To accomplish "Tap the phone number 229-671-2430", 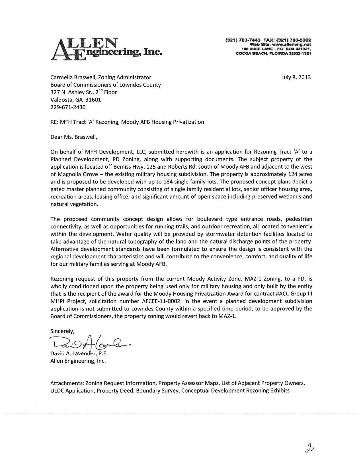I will (68, 107).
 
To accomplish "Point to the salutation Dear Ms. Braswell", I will (74, 137).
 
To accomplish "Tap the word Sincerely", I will (62, 331).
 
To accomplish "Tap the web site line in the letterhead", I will (280, 45).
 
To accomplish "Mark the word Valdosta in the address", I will (61, 100).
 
